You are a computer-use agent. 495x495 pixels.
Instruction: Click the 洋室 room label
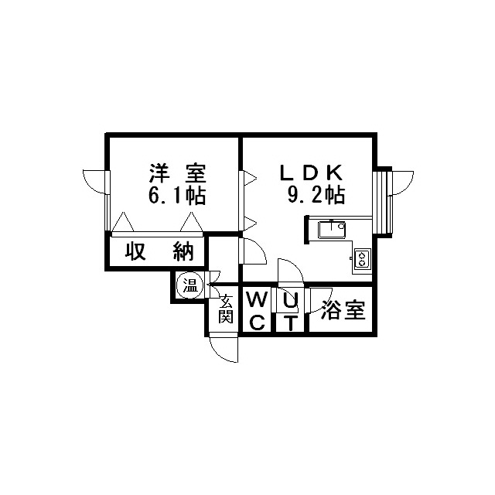click(x=177, y=173)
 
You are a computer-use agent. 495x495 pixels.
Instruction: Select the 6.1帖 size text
click(x=177, y=196)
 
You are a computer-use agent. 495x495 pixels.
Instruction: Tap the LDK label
click(x=311, y=172)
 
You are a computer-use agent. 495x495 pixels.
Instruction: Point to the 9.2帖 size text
click(x=316, y=195)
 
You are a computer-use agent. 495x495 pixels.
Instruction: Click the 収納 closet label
click(x=159, y=251)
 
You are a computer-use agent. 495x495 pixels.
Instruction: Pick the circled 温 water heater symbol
click(x=190, y=287)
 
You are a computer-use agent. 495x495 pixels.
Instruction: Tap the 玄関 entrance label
click(x=226, y=309)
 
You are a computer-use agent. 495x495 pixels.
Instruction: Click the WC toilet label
click(x=258, y=311)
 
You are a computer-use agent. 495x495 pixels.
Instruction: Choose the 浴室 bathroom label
click(x=343, y=310)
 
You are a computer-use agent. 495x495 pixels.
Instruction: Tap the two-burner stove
click(x=363, y=259)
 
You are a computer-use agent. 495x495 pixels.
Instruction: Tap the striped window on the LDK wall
click(x=382, y=202)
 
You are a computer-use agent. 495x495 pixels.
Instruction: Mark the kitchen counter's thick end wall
click(x=306, y=230)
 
